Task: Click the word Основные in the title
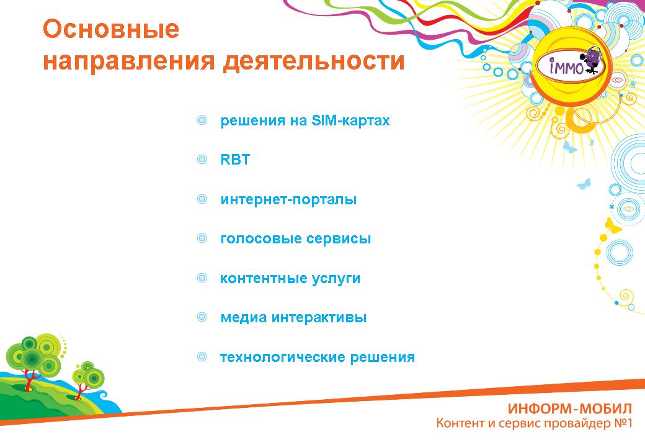tap(111, 30)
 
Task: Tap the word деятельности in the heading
tap(314, 61)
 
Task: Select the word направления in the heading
tap(129, 61)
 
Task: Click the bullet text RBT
tap(235, 160)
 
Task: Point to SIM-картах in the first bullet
tap(350, 120)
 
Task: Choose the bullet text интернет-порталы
tap(288, 200)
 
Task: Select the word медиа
tap(244, 317)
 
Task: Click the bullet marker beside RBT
tap(202, 160)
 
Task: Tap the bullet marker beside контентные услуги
tap(202, 278)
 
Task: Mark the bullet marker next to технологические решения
tap(202, 356)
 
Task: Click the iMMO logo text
tap(566, 66)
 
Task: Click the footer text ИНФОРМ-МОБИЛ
tap(570, 409)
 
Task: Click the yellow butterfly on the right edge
tap(613, 225)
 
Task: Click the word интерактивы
tap(319, 317)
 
